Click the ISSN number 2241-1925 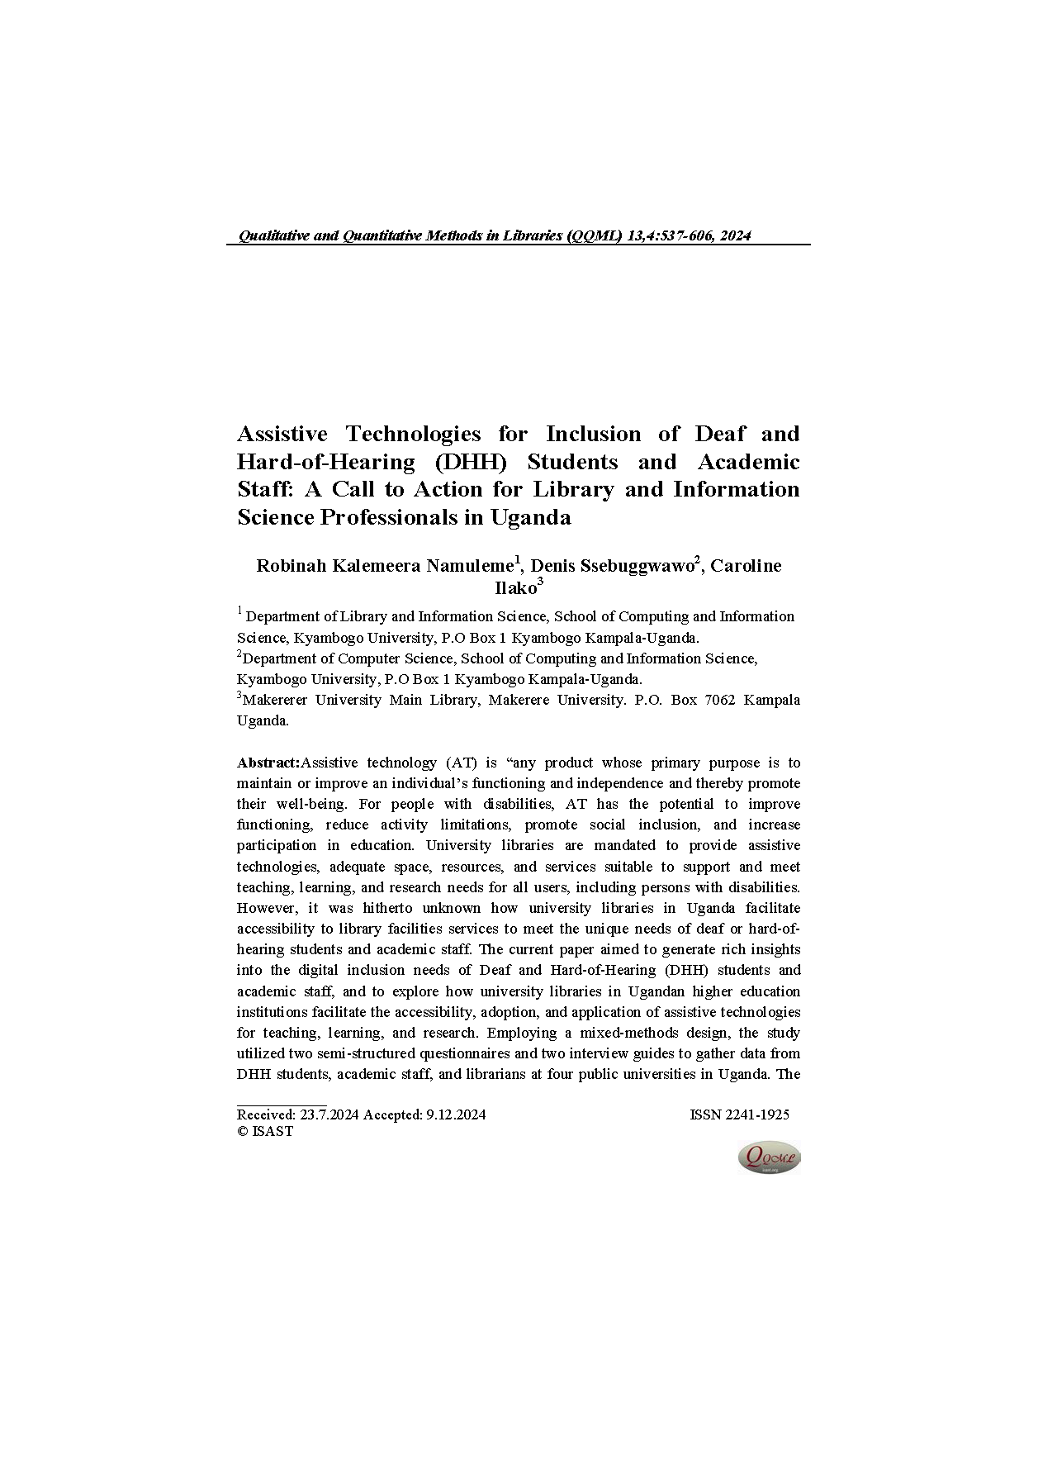[739, 1114]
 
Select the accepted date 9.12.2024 [456, 1114]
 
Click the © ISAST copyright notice [265, 1132]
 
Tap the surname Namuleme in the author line [469, 566]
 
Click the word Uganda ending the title [530, 518]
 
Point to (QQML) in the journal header [595, 236]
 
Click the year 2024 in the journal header [734, 236]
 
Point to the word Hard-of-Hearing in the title [325, 462]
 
